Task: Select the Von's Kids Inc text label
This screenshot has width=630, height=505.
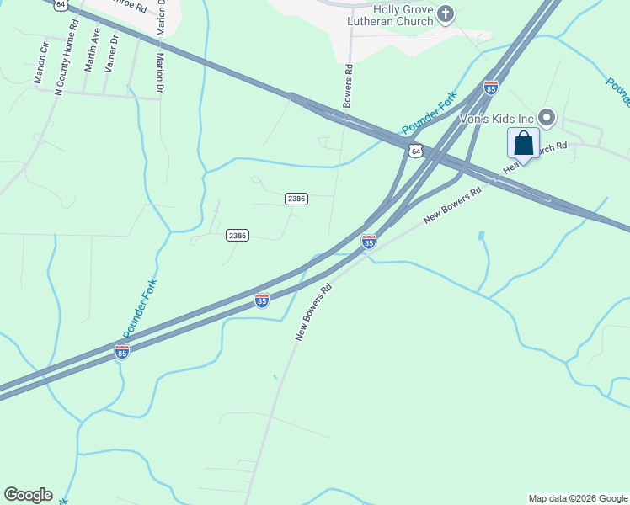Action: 497,119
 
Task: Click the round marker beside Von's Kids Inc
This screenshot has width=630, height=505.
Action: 547,118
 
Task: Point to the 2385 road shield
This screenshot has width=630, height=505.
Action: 296,199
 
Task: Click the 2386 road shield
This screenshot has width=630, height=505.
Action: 237,236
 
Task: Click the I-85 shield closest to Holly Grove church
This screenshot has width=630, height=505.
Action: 491,88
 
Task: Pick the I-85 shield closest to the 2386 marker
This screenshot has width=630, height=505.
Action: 262,300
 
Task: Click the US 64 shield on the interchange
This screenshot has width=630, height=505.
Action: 414,151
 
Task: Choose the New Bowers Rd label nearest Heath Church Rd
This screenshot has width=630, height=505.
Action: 452,205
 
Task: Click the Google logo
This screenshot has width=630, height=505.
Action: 28,495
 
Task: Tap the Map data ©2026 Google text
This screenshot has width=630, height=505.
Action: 578,498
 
